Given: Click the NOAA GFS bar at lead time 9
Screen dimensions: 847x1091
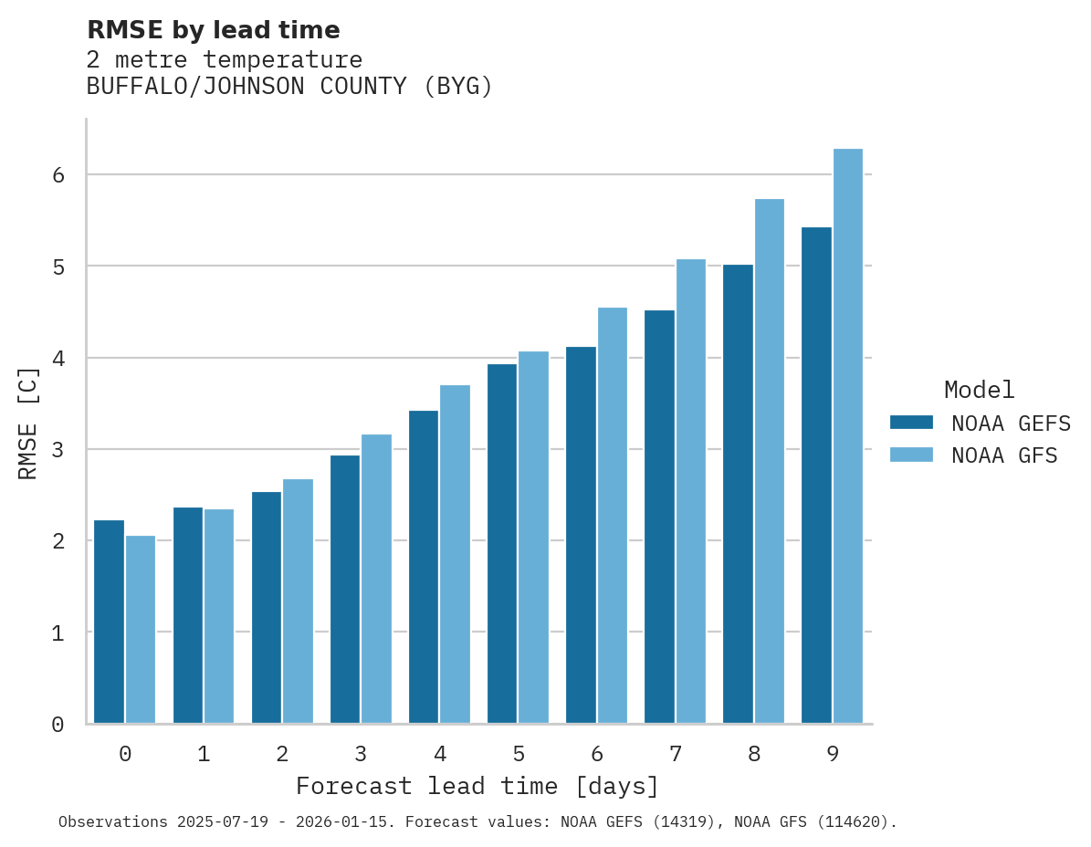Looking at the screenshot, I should tap(848, 436).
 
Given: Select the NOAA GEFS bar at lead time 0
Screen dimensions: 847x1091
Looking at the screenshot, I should tap(110, 622).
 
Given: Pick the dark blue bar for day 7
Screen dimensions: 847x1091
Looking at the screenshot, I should tap(659, 517).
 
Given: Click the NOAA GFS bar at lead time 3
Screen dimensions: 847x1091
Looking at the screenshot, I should tap(377, 579).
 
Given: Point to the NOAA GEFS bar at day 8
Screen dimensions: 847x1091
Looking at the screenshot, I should tap(738, 494).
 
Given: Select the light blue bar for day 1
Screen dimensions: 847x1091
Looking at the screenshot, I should tap(219, 616).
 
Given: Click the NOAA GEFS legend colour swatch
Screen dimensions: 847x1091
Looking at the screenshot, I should tap(911, 423).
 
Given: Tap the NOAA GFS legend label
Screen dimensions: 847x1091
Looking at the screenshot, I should tap(1004, 455).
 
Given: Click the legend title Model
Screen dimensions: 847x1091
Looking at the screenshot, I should tap(979, 391).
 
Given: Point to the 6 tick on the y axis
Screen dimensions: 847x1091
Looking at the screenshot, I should tap(58, 175).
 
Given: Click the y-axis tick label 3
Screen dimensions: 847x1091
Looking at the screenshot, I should tap(58, 450).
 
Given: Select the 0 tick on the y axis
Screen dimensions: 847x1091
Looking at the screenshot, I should tap(58, 725).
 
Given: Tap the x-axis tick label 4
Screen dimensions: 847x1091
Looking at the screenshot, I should tap(440, 755).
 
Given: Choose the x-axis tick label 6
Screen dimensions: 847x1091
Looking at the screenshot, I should tap(597, 755).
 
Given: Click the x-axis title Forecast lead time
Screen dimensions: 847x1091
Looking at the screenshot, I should tap(477, 787).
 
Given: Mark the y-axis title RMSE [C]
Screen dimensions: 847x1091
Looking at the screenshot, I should tap(28, 423).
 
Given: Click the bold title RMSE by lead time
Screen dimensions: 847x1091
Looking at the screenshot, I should tap(214, 30).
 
